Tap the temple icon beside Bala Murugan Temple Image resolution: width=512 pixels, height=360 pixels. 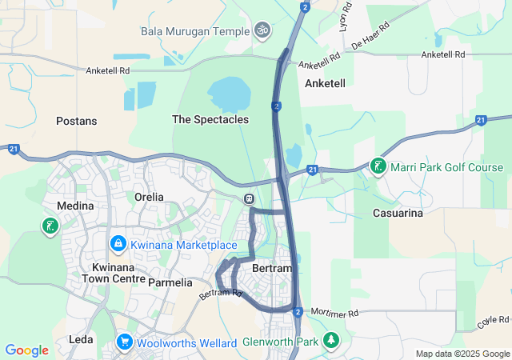tap(261, 31)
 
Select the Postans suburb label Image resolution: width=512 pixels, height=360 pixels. tap(76, 121)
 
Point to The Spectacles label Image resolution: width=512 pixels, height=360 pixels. tap(210, 119)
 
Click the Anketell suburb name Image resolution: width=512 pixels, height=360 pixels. tap(325, 83)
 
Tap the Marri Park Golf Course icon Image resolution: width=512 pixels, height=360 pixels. tap(377, 166)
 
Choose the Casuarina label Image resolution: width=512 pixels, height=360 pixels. tap(398, 213)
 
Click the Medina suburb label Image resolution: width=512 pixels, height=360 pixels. tap(74, 206)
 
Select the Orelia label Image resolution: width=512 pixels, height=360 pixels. tap(149, 197)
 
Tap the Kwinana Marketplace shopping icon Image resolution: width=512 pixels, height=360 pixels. tap(118, 242)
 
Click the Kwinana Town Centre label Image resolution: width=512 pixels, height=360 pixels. tap(113, 273)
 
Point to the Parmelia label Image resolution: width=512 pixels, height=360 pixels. tap(170, 282)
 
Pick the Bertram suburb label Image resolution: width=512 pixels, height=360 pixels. tap(272, 268)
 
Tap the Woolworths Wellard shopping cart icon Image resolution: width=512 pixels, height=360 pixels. tap(124, 342)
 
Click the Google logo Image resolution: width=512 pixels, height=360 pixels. tap(27, 350)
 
